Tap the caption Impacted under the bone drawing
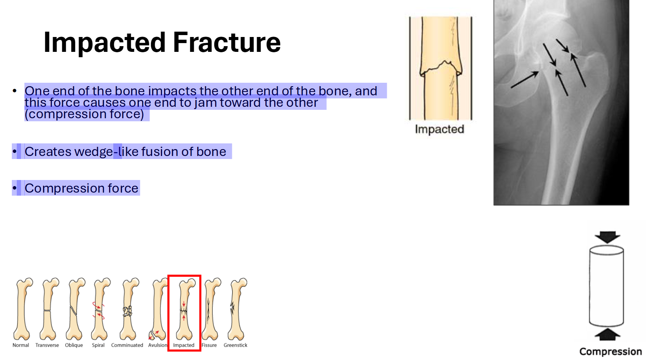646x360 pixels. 439,129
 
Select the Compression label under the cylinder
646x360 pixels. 610,351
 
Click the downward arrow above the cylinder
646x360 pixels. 607,237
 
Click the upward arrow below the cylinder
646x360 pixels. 607,335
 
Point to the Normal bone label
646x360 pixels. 21,345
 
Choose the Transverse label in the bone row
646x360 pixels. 47,345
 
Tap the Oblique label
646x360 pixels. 74,345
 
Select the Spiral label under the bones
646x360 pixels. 98,345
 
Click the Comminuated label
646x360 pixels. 127,345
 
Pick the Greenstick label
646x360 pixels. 235,345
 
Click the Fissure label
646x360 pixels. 209,345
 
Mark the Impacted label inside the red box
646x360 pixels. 184,345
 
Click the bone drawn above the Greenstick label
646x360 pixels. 236,309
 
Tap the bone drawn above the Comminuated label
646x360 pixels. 128,309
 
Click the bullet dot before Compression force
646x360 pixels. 14,188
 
